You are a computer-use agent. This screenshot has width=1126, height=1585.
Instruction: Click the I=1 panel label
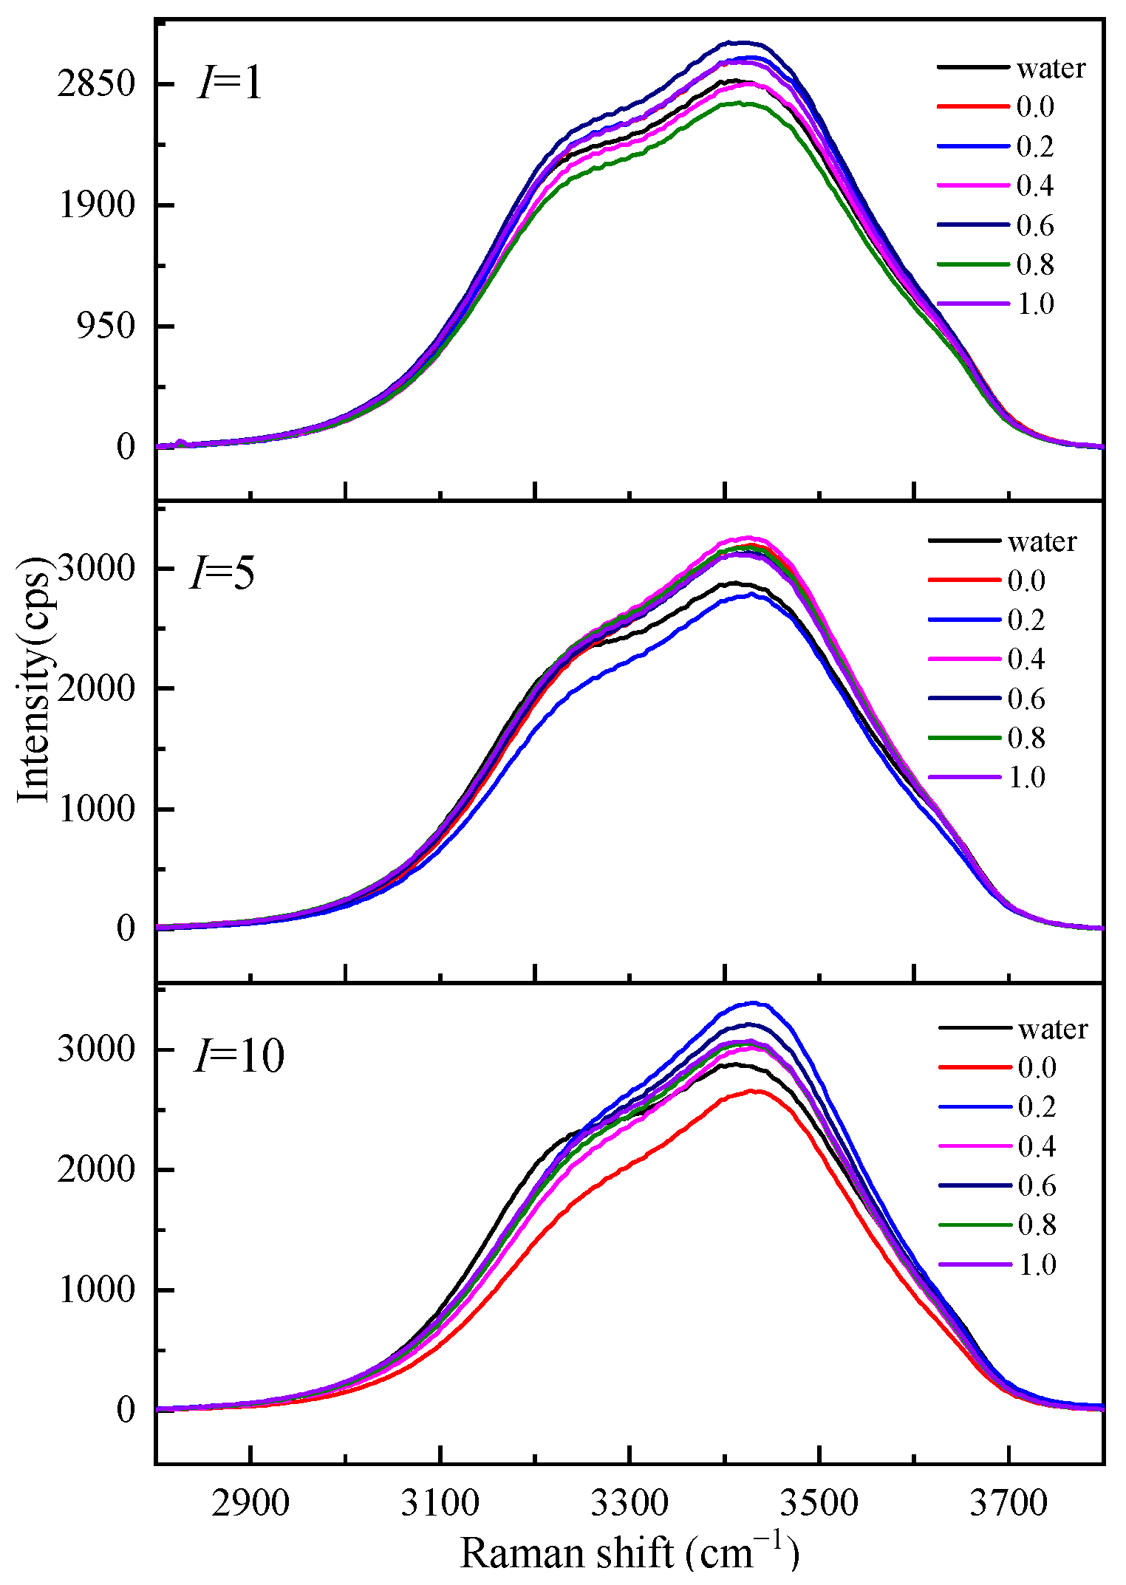point(230,83)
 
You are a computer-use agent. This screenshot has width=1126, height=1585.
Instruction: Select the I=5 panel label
point(222,572)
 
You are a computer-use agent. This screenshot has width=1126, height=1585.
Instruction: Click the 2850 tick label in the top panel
point(97,84)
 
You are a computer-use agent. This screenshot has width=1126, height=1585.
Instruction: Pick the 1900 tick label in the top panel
point(97,205)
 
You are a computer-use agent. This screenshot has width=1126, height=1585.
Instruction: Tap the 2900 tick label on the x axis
point(250,1503)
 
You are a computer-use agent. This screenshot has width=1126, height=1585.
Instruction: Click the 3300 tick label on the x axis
point(629,1503)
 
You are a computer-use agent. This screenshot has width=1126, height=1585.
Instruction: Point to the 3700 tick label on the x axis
point(1009,1503)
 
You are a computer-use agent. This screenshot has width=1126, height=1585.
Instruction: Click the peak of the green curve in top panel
point(739,103)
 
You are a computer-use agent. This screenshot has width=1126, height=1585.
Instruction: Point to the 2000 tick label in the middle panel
point(97,689)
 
